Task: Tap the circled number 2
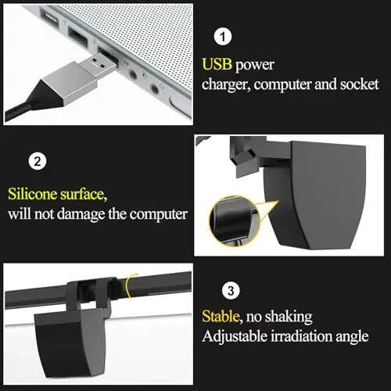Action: pos(36,163)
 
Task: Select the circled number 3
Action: pos(229,291)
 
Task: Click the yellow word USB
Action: pos(217,64)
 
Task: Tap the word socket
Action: pos(357,83)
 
